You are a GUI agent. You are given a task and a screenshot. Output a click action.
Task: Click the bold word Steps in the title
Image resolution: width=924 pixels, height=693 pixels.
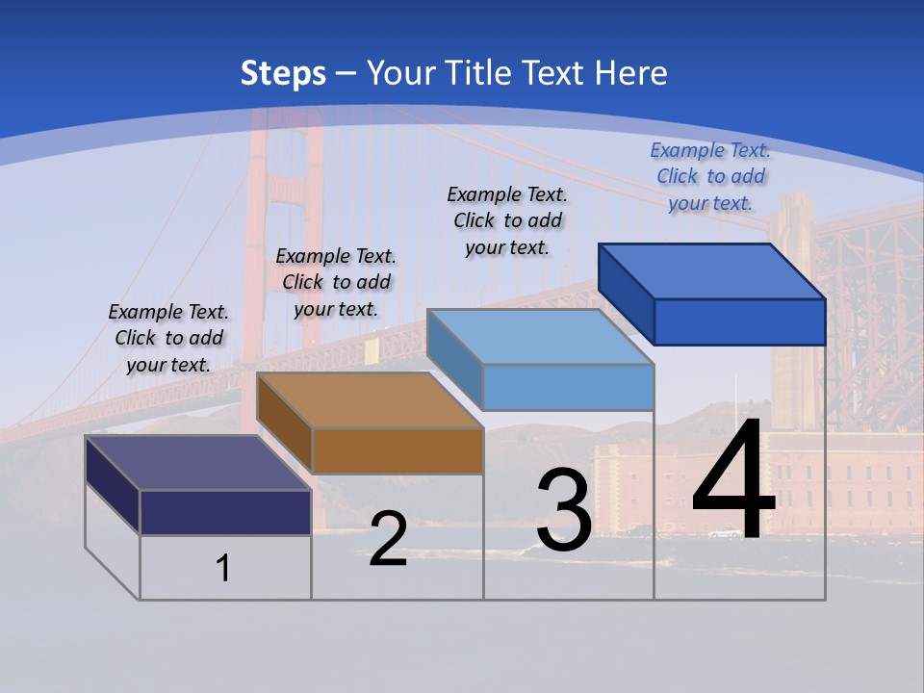click(x=283, y=73)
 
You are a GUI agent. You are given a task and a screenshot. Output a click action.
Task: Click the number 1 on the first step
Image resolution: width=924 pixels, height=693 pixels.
click(x=223, y=568)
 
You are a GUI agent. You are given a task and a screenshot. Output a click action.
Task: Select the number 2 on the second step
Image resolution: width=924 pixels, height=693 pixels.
click(x=388, y=539)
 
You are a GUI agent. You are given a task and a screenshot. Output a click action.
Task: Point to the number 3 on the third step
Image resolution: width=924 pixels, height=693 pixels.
click(x=564, y=510)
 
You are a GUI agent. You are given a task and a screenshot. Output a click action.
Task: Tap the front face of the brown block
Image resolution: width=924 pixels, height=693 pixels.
click(x=398, y=450)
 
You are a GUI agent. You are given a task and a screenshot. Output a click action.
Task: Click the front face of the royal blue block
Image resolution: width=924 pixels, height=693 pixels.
click(x=739, y=321)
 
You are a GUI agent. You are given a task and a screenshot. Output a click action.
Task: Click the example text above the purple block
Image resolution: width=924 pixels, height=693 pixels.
click(x=168, y=338)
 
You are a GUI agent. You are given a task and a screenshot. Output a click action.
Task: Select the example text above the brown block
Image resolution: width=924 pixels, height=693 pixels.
click(x=336, y=282)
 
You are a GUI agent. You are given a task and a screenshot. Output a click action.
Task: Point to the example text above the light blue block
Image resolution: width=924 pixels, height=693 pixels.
click(x=507, y=220)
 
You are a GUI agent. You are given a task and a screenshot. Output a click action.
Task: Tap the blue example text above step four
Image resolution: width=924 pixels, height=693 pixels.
click(x=710, y=176)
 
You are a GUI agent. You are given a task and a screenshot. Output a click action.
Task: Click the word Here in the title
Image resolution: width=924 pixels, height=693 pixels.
click(x=631, y=73)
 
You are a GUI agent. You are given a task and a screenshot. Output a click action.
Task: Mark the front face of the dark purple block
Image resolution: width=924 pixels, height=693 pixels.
click(x=225, y=512)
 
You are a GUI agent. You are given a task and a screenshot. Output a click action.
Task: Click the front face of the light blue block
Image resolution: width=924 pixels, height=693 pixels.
click(x=568, y=387)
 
